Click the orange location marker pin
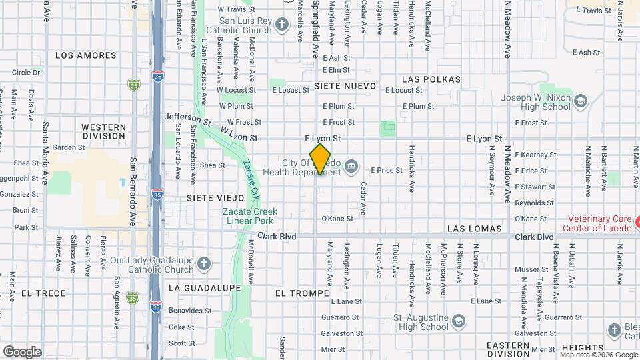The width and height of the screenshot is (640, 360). pyautogui.click(x=320, y=159)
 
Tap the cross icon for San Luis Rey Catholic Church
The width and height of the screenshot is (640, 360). pyautogui.click(x=282, y=25)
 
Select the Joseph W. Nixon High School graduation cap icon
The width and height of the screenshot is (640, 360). pyautogui.click(x=581, y=101)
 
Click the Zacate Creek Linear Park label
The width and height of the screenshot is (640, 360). pyautogui.click(x=249, y=216)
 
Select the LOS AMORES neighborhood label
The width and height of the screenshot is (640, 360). pyautogui.click(x=86, y=55)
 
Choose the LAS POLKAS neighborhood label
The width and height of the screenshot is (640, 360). pyautogui.click(x=431, y=79)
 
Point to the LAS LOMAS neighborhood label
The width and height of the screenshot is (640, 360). pyautogui.click(x=474, y=229)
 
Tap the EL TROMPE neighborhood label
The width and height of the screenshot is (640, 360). pyautogui.click(x=301, y=293)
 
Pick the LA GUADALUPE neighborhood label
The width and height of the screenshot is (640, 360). pyautogui.click(x=205, y=287)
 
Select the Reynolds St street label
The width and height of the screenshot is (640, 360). pyautogui.click(x=531, y=203)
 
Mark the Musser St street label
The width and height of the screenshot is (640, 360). pyautogui.click(x=531, y=269)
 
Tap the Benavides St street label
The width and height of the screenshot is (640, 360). pyautogui.click(x=189, y=311)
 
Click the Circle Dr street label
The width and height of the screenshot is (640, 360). pyautogui.click(x=26, y=72)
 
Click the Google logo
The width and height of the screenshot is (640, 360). pyautogui.click(x=22, y=352)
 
